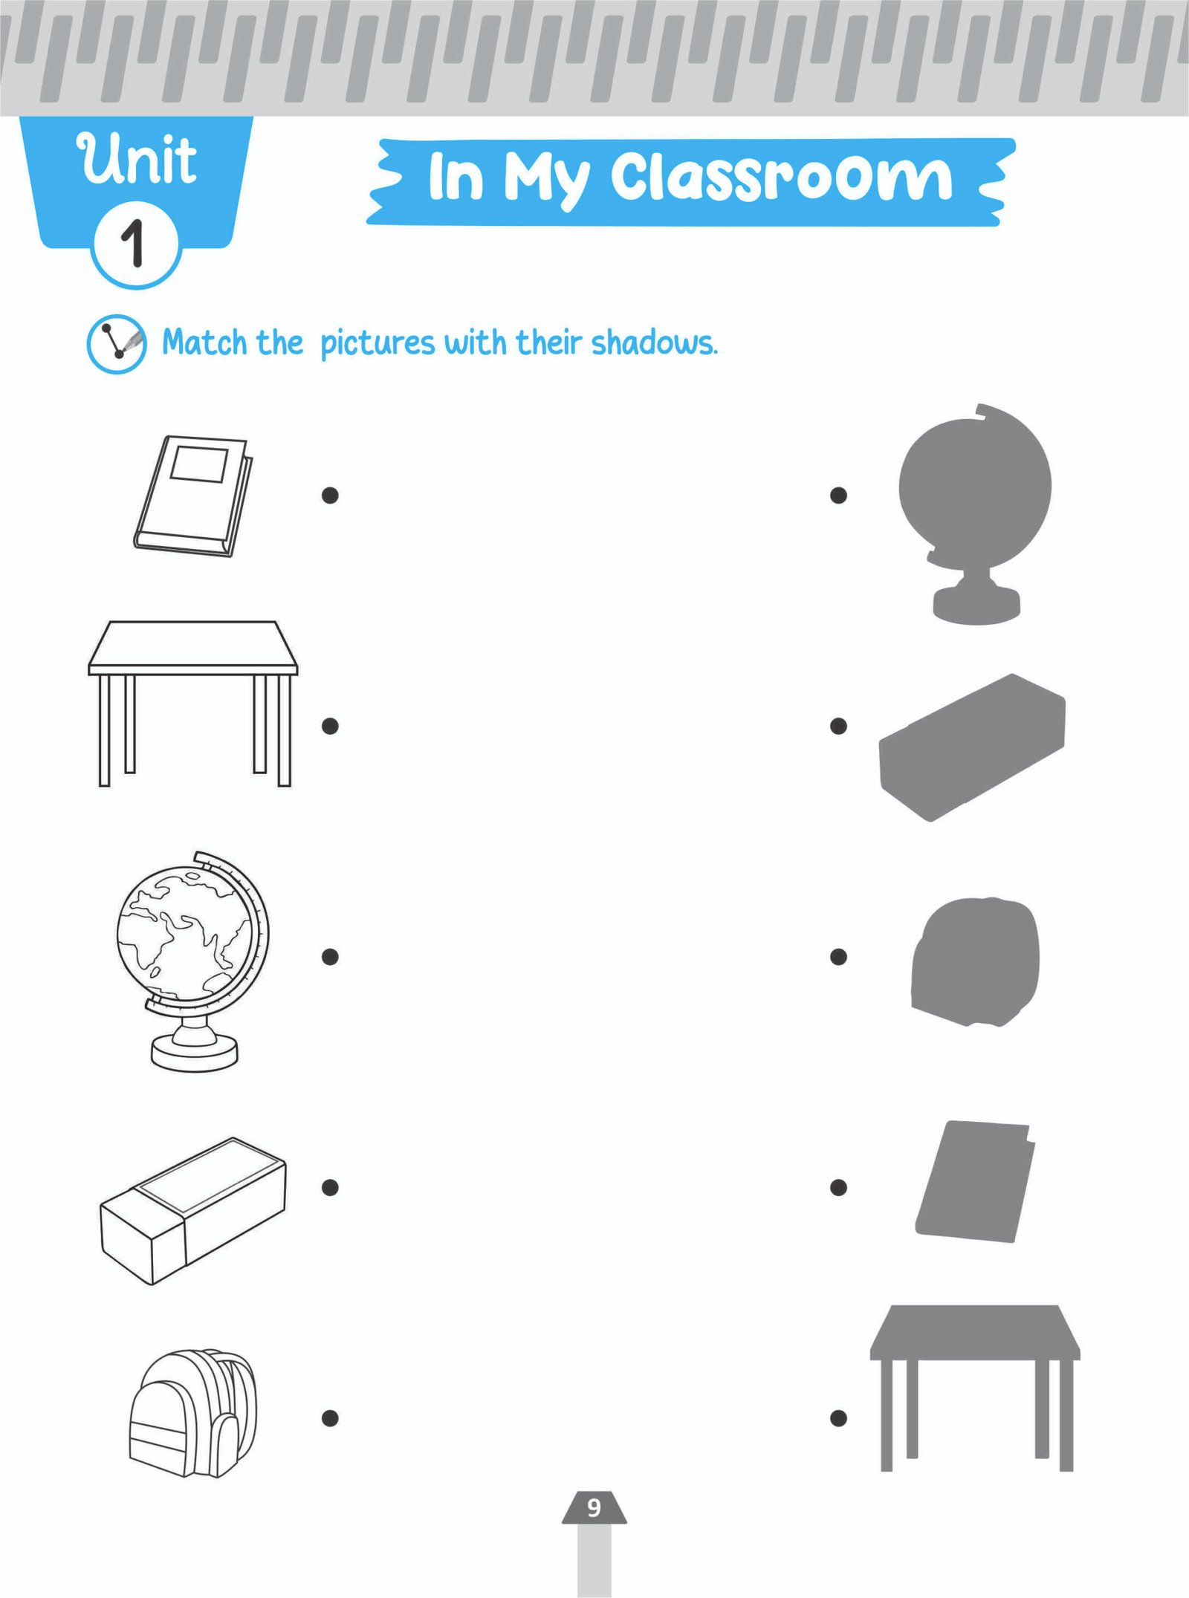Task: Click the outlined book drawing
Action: click(193, 496)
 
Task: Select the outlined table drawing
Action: click(193, 703)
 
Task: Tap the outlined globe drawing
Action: click(193, 961)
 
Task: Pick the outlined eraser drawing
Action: click(193, 1211)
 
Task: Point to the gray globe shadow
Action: click(975, 513)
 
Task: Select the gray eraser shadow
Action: click(972, 747)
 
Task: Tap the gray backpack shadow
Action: click(975, 962)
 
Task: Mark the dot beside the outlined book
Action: click(330, 495)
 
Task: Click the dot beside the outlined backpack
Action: click(330, 1418)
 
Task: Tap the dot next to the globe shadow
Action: click(838, 495)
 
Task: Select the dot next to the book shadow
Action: click(838, 1187)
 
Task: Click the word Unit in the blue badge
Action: click(137, 159)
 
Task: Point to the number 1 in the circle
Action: click(134, 243)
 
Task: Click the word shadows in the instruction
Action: click(655, 343)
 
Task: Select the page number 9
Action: click(594, 1507)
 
